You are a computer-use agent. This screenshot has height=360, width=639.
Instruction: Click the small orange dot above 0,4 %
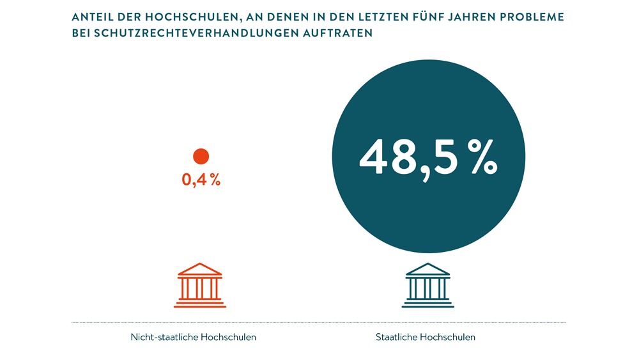(x=201, y=157)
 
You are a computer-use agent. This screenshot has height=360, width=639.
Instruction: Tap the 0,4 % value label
(x=201, y=180)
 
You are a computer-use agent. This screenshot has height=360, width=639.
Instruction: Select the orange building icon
(x=200, y=285)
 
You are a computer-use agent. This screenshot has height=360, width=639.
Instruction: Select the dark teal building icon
(x=428, y=285)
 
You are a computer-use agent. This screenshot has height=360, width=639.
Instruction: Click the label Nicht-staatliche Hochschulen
(x=193, y=337)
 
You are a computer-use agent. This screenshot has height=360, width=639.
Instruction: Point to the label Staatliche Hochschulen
(x=426, y=337)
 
